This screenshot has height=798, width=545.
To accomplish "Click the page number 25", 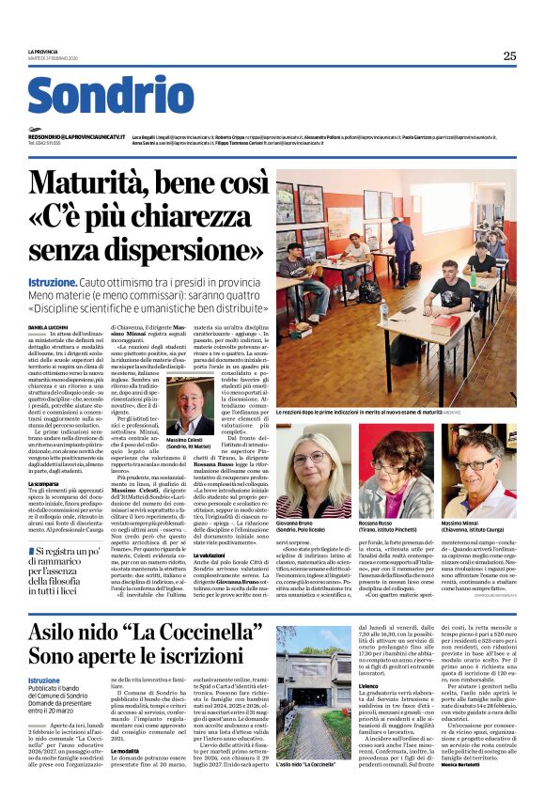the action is (508, 55).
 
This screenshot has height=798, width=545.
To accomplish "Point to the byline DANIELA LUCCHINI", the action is (48, 326).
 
